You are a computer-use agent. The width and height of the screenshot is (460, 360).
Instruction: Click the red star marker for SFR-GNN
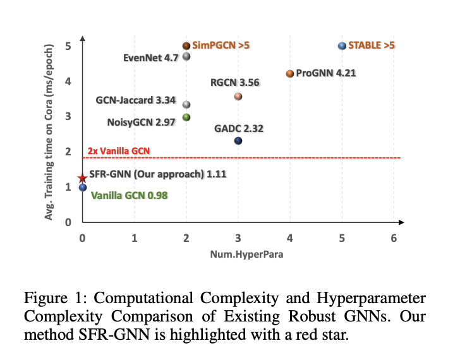pos(82,179)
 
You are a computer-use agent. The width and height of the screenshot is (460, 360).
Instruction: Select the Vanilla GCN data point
pos(82,188)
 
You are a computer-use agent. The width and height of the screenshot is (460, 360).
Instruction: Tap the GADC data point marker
pos(238,141)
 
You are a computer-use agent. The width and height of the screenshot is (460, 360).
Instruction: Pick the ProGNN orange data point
pos(290,73)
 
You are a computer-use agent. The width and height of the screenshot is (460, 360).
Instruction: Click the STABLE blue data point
pos(342,46)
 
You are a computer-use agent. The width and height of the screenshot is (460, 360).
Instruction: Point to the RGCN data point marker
pos(238,97)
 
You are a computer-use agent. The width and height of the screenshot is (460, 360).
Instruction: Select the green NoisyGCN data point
pos(186,117)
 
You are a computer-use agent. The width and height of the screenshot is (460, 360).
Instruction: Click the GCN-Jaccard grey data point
pos(186,105)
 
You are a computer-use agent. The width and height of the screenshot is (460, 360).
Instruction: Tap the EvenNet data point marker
pos(186,57)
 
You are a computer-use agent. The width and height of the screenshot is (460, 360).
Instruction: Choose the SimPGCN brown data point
pos(186,46)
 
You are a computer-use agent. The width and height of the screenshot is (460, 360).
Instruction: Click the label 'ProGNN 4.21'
pos(327,73)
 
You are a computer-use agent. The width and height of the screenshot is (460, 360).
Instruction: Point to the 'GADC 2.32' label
pos(239,128)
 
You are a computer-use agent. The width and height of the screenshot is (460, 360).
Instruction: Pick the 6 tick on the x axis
pos(394,237)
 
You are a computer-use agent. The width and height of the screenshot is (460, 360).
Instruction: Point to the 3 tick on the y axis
pos(68,117)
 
